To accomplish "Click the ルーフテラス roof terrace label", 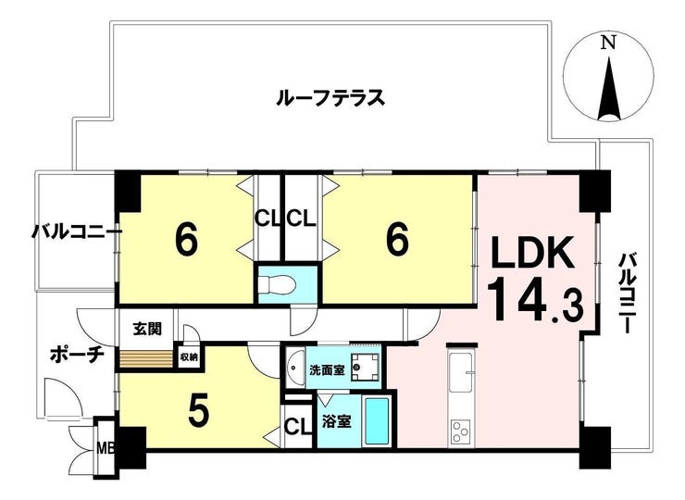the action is point(330,97).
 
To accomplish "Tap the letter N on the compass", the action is point(608,43).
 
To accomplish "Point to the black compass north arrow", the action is point(609,86).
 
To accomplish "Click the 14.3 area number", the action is point(535,301).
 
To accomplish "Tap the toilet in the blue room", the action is point(278,284).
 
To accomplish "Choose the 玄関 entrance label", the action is point(147,328).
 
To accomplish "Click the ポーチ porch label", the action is point(77,354).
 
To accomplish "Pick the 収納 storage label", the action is point(189,357).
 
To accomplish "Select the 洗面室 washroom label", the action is point(327,370).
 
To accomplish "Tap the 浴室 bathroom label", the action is point(336,421).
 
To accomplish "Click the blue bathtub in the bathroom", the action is point(377,421).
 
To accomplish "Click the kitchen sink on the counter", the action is point(461,372).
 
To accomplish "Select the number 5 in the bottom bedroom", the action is point(198,412).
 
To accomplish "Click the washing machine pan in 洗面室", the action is point(366,368).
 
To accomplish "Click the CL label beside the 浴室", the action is point(298,426).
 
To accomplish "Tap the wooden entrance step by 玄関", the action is point(146,359).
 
